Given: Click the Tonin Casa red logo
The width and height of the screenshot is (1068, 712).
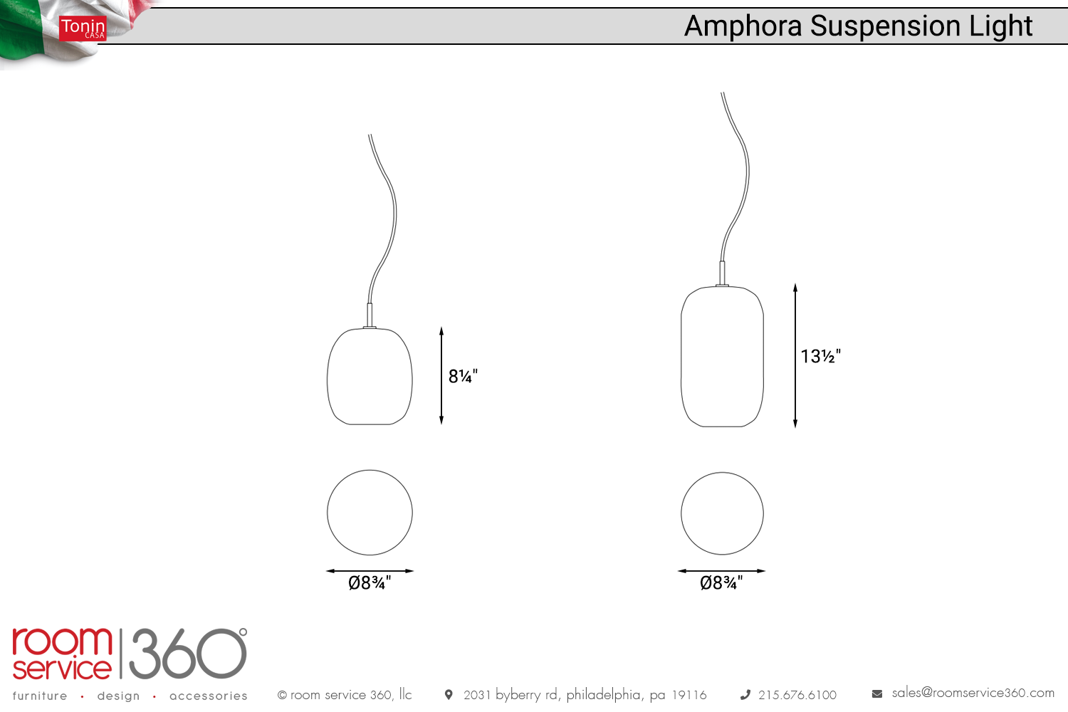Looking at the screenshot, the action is (83, 28).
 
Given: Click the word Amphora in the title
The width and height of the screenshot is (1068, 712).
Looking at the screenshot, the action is (743, 26).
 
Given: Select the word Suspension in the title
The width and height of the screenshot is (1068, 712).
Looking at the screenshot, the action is (886, 26).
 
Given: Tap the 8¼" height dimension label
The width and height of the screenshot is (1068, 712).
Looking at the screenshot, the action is (463, 376).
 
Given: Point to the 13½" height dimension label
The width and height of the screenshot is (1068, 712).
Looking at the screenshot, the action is (820, 356).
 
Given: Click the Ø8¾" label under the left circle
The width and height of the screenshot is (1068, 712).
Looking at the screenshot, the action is (370, 582).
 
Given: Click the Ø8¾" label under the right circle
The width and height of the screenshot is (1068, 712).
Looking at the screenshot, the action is (721, 582).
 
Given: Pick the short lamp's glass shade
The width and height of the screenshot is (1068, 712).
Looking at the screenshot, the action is (370, 376).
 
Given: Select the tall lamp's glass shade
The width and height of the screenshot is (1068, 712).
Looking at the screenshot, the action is (722, 356).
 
